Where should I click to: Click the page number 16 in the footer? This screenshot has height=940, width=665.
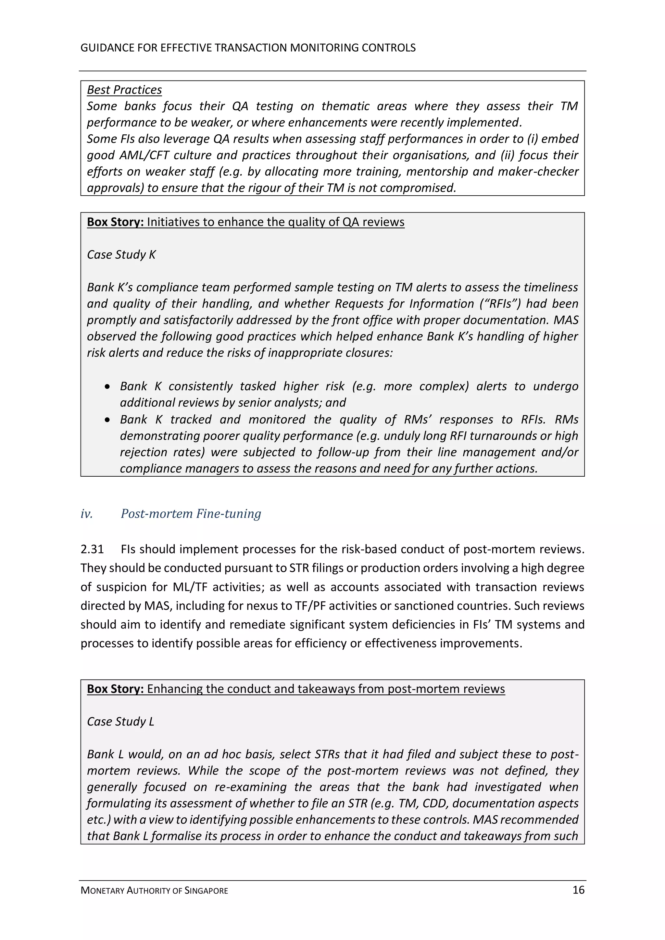pos(578,890)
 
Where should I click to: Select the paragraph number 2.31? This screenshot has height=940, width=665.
pos(92,549)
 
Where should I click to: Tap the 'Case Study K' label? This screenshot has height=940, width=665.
pos(121,255)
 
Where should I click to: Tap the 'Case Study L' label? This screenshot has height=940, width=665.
pos(120,721)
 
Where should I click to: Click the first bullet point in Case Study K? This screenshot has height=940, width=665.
pos(107,386)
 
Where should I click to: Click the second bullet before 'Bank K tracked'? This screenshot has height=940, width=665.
pos(107,420)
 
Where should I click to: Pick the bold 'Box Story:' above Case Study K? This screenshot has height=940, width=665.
pos(115,222)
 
